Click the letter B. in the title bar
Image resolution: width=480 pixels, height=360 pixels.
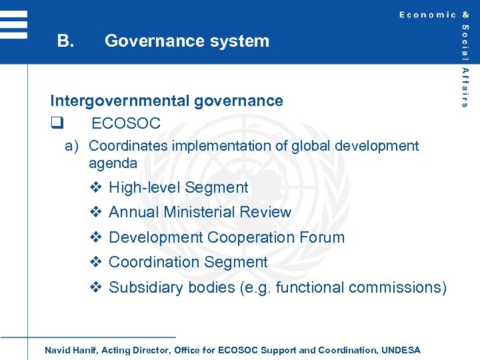point(65,41)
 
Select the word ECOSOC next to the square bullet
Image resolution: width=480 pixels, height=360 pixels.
point(126,123)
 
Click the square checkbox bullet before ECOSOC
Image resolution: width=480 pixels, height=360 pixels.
point(56,123)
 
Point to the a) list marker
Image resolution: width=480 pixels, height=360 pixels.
point(73,146)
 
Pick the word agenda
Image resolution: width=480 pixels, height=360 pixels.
point(113,163)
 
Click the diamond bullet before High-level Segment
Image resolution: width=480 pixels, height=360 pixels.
point(95,188)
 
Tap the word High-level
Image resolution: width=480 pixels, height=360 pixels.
point(144,188)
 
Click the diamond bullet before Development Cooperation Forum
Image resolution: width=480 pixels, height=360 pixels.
point(95,237)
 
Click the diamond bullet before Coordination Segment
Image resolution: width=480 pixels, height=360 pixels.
point(95,263)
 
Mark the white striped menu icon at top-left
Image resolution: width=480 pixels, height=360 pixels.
point(13,25)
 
